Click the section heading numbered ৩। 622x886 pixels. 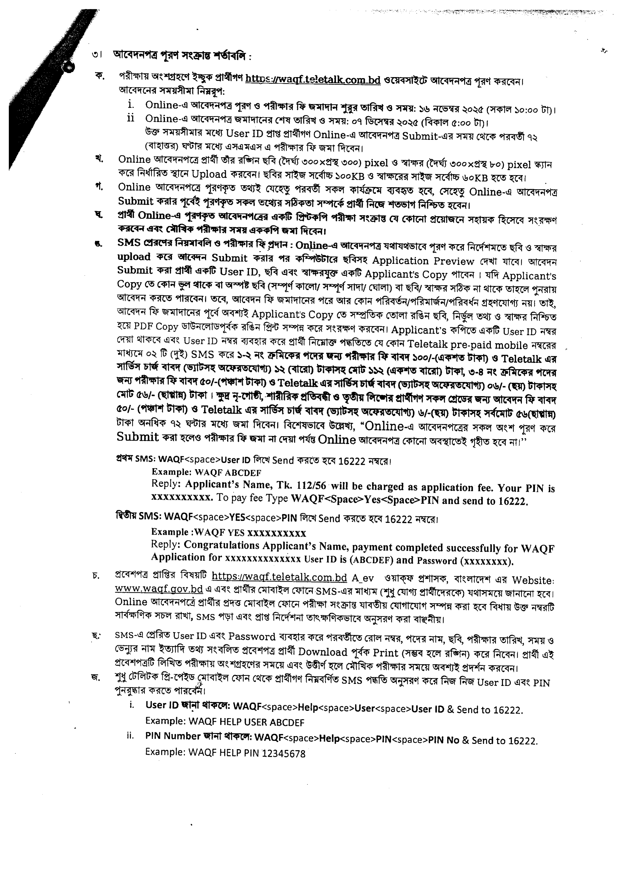(182, 55)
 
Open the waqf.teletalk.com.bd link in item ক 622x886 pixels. (313, 80)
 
